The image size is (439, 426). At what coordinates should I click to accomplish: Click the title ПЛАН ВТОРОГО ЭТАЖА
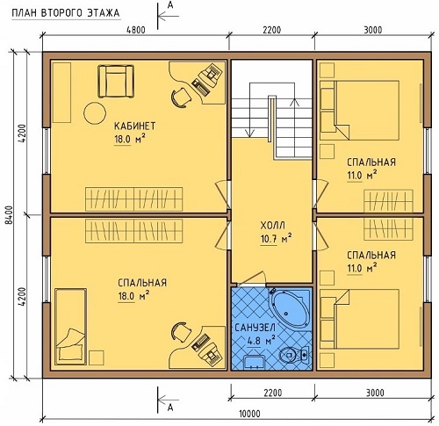tap(66, 13)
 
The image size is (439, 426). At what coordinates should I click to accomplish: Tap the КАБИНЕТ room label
tap(134, 126)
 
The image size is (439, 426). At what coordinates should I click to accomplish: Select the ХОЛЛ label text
tap(273, 226)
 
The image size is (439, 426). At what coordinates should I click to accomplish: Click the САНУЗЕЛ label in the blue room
tap(255, 328)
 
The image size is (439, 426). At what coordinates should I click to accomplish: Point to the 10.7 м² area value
tap(276, 239)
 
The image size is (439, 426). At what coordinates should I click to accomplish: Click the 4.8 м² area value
tap(261, 341)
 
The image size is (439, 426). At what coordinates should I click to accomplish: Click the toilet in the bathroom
tap(293, 355)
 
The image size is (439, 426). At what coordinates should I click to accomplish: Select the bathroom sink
tap(254, 362)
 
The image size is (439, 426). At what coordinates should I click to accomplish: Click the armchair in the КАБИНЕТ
tap(116, 81)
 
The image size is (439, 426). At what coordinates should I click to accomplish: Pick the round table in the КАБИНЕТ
tap(95, 113)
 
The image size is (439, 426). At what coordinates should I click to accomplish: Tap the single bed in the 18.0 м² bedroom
tap(71, 326)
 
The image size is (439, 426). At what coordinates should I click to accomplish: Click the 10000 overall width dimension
tap(249, 414)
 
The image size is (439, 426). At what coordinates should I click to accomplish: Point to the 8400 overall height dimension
tap(9, 215)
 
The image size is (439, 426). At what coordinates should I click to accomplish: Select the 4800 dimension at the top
tap(135, 30)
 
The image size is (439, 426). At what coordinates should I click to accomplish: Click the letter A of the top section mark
tap(170, 6)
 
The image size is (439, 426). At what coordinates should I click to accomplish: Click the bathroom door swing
tap(251, 278)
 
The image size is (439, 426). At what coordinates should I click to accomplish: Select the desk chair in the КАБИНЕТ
tap(179, 97)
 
